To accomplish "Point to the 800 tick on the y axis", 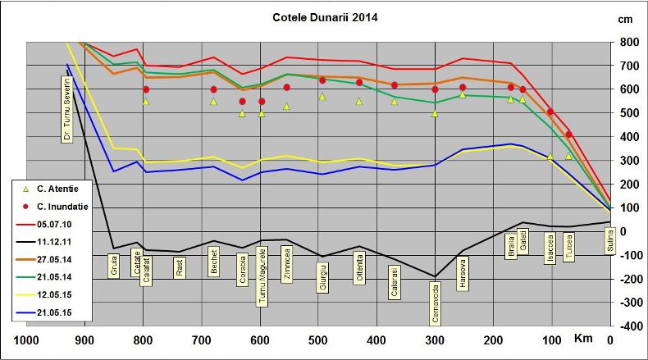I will point(629,42).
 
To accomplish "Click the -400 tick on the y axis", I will point(629,326).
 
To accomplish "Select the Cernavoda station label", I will point(435,306).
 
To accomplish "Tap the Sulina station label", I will point(610,244).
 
